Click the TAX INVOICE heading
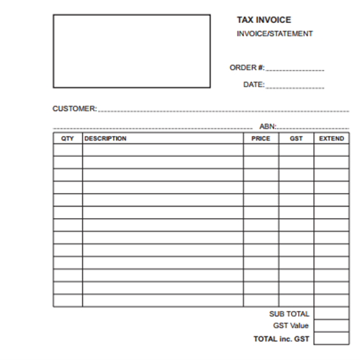264,20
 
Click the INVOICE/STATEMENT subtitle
274,34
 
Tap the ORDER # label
247,68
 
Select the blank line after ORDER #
295,69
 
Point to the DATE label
253,85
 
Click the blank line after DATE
295,86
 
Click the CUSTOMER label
74,109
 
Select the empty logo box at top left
131,50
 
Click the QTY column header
68,138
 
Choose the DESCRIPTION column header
105,138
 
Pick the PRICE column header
261,138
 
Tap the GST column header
296,138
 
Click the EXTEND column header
331,138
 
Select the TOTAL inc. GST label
281,338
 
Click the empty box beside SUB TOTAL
331,313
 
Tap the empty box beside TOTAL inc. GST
331,338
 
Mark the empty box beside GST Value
331,325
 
